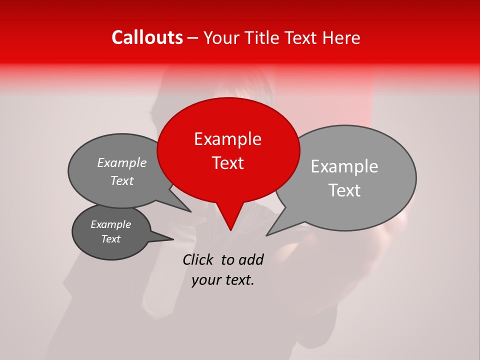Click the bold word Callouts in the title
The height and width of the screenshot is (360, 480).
pos(147,37)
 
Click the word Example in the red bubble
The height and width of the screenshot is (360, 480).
pos(227,139)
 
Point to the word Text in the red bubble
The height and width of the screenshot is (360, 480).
pos(227,163)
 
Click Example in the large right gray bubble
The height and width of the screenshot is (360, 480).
pos(344,166)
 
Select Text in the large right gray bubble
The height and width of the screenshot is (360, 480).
pos(344,190)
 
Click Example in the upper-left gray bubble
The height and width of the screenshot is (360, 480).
pos(122,162)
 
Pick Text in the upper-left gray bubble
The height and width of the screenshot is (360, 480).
pos(122,180)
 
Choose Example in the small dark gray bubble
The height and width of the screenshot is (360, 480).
pos(110,224)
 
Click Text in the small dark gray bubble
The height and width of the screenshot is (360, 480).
pos(110,239)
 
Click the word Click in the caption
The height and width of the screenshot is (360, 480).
pos(198,259)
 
